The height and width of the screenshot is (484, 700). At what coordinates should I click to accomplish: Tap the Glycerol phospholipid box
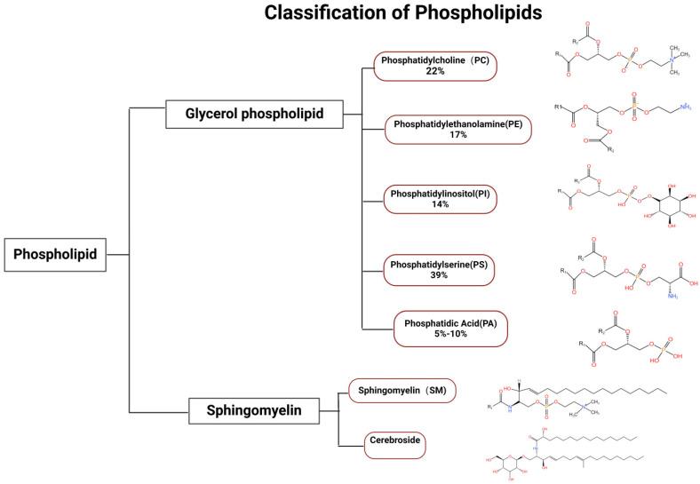[x=254, y=113]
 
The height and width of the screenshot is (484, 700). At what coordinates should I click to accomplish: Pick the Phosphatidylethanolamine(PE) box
[x=457, y=131]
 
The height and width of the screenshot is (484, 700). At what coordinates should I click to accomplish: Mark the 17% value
[x=457, y=137]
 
